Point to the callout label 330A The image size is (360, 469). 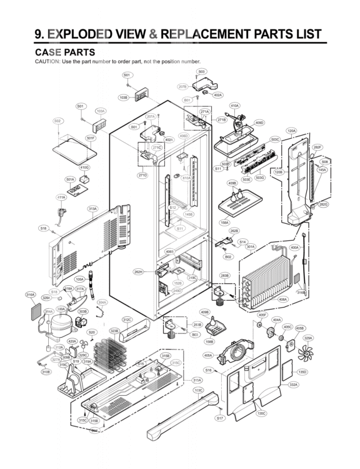[x=61, y=308]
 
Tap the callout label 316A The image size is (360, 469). [x=30, y=295]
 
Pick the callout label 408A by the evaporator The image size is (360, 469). [x=282, y=300]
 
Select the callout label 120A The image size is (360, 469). [x=291, y=131]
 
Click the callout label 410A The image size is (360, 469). [x=234, y=106]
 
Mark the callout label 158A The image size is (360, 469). [x=224, y=222]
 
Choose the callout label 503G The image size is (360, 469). [x=261, y=178]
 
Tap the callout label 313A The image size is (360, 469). [x=92, y=208]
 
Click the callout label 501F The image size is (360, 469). [x=91, y=138]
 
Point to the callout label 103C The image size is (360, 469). [x=198, y=390]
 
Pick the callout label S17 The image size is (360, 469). [x=219, y=418]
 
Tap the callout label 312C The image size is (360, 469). [x=127, y=320]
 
